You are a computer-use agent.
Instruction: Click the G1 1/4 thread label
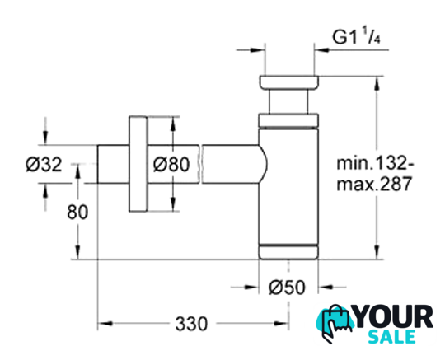coord(356,37)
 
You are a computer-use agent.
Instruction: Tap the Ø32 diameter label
coord(44,164)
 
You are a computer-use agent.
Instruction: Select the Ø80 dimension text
coord(171,164)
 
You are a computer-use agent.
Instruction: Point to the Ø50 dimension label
coord(287,287)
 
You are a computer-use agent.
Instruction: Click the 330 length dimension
coord(191,324)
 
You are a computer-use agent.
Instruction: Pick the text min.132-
coord(375,164)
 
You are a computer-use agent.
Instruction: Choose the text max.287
coord(374,184)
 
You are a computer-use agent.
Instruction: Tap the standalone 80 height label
coord(77,212)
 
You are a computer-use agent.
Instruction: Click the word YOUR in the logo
coord(394,316)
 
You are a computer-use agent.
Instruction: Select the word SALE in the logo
coord(392,337)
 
